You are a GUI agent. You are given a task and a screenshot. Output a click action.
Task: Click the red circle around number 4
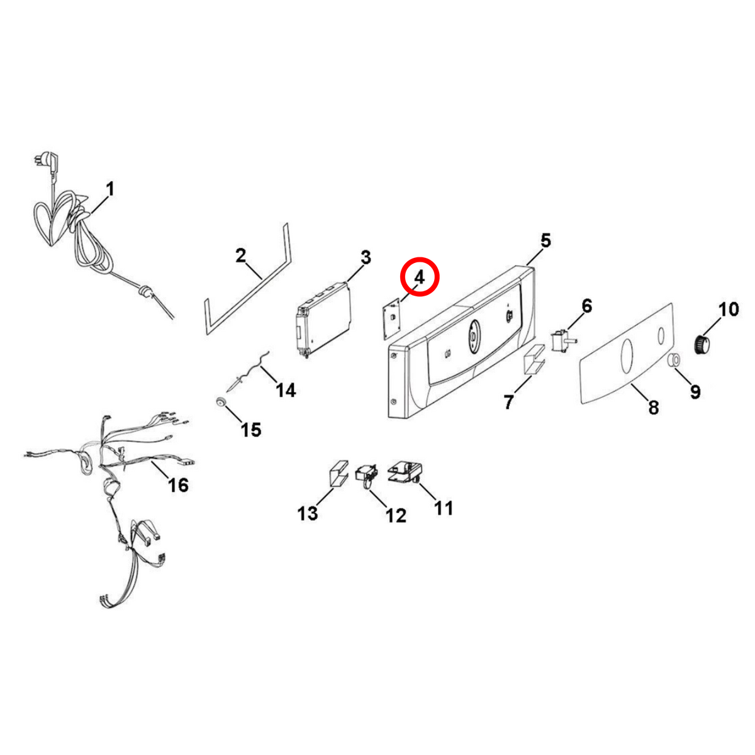[x=419, y=277]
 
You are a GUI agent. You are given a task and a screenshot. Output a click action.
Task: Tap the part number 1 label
[x=111, y=189]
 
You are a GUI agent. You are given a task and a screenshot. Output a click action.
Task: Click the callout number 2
[x=240, y=256]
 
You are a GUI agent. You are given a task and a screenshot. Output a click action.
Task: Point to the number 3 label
[x=365, y=258]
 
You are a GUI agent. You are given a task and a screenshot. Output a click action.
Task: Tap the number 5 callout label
[x=545, y=240]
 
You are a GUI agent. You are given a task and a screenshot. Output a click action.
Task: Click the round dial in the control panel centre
[x=473, y=336]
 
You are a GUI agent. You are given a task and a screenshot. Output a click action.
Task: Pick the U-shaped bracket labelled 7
[x=534, y=359]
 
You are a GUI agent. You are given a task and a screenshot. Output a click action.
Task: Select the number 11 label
[x=443, y=508]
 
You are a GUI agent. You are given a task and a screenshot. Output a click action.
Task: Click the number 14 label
[x=286, y=390]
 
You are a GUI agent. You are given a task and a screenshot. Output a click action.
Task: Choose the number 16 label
[x=178, y=485]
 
